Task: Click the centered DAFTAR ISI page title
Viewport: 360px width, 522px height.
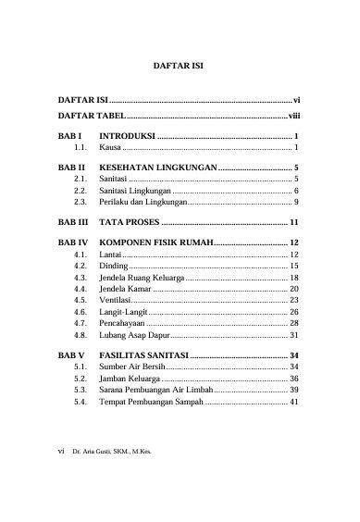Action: (179, 67)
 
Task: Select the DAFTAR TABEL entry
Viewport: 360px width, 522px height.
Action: (90, 116)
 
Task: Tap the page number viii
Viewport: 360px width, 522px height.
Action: (293, 116)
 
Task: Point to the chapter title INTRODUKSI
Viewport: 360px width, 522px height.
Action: (126, 137)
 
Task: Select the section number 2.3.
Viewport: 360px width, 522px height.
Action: (81, 201)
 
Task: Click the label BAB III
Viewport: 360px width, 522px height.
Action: (74, 223)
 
